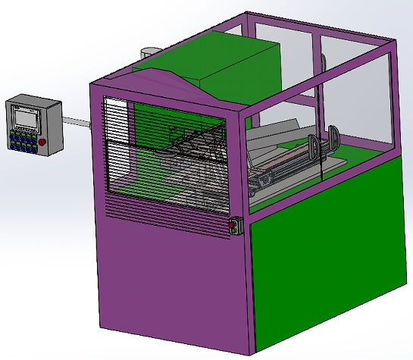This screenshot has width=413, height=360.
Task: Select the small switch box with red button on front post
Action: point(233,226)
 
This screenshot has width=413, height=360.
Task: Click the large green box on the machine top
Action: point(227,61)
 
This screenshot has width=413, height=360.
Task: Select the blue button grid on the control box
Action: point(20,141)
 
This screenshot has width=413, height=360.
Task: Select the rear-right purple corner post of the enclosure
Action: point(390,99)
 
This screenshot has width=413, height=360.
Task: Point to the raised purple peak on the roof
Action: point(163,74)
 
